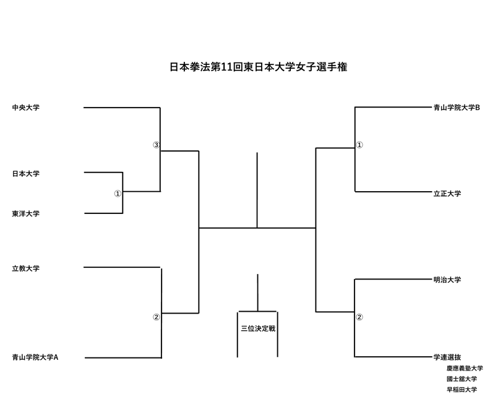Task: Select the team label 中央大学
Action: point(25,108)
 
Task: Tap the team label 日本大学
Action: point(25,174)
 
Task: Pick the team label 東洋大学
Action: point(25,213)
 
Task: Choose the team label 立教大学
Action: point(25,268)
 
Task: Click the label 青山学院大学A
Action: point(35,357)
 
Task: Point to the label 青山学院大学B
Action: point(457,108)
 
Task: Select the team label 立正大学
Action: point(447,194)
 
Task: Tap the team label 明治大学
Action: point(447,280)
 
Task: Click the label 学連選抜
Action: point(447,357)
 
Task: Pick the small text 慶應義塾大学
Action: point(465,368)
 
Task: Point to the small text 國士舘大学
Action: point(462,378)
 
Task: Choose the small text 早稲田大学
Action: point(462,390)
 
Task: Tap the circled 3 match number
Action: point(156,145)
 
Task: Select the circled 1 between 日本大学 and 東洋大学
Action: point(118,194)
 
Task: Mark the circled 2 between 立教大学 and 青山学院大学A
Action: point(156,318)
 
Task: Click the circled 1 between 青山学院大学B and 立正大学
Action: point(359,145)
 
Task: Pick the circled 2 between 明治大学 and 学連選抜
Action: point(359,318)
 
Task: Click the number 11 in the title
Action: point(227,67)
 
